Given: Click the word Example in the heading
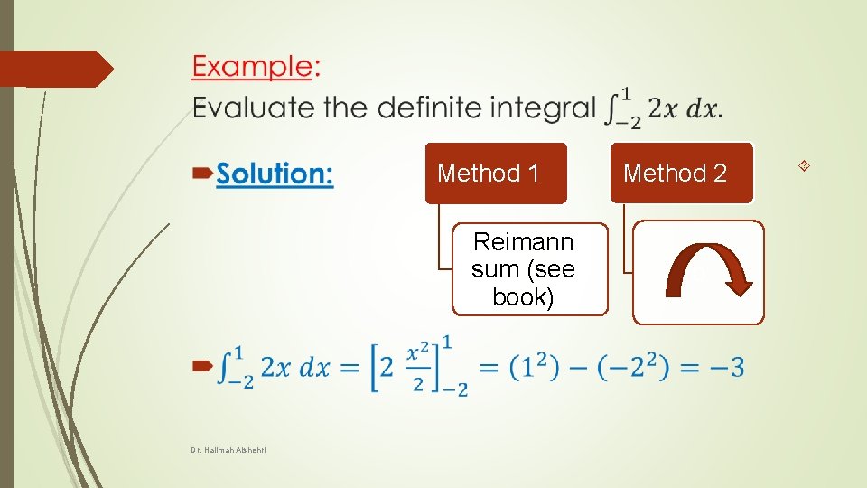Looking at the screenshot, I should (x=251, y=67).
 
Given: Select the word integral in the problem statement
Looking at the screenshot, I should (x=545, y=108).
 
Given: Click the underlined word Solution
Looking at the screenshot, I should (x=275, y=174).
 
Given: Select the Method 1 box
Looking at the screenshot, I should (x=495, y=173).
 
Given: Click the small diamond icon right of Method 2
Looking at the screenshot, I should (x=804, y=165).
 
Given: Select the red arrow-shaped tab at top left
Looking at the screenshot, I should (x=56, y=69).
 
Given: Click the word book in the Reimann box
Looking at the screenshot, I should (x=523, y=296).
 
